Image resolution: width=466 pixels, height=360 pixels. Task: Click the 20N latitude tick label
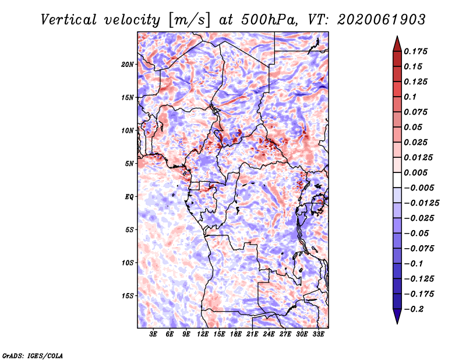[128, 65]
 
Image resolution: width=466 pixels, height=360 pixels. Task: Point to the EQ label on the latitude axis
[129, 197]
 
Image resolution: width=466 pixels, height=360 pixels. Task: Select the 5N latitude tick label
[129, 164]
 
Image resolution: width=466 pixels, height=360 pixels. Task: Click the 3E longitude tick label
[153, 334]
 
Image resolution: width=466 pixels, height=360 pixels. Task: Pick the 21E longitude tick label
[252, 334]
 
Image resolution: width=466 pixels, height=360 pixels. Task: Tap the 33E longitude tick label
[318, 334]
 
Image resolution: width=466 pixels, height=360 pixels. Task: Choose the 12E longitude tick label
[203, 334]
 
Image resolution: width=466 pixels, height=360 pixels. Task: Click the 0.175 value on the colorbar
[415, 51]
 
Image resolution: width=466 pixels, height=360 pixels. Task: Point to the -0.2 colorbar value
[414, 309]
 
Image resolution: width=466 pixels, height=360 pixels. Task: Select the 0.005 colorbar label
[415, 172]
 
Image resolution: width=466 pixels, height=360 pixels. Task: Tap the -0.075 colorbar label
[419, 249]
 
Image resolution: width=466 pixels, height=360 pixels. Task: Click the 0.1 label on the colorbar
[410, 97]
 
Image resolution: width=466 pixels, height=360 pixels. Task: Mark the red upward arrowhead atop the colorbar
[397, 44]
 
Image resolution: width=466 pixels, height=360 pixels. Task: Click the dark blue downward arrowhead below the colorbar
[397, 316]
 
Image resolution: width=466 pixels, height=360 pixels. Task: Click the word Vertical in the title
[69, 20]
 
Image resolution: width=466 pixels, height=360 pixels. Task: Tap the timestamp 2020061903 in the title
[382, 20]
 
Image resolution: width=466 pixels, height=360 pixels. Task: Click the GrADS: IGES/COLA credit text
[33, 356]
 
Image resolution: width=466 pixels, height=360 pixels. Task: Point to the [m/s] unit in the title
[189, 20]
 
